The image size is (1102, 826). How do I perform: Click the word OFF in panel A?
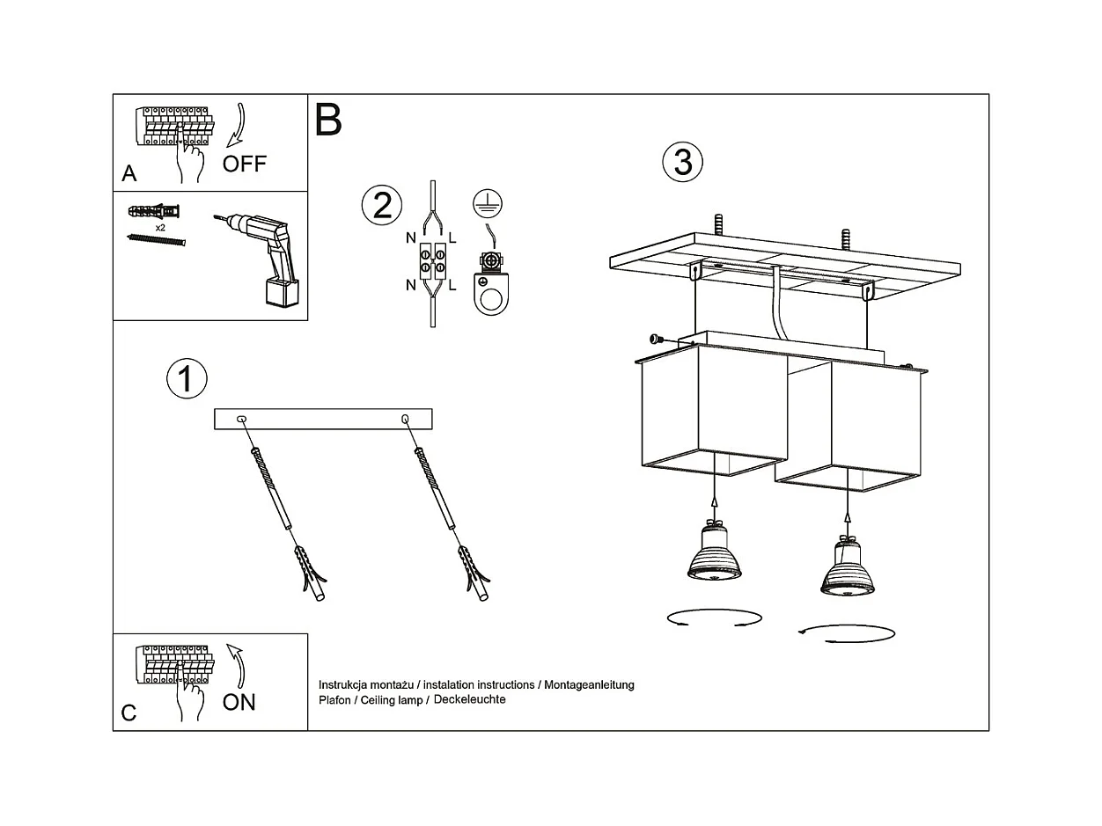pyautogui.click(x=244, y=164)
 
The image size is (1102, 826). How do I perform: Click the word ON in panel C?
pyautogui.click(x=239, y=702)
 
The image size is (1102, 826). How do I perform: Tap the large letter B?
pyautogui.click(x=328, y=120)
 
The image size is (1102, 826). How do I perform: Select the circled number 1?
pyautogui.click(x=187, y=378)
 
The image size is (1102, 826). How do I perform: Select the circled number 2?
pyautogui.click(x=382, y=205)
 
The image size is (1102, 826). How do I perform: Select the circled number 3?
pyautogui.click(x=683, y=162)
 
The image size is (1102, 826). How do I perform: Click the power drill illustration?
pyautogui.click(x=260, y=259)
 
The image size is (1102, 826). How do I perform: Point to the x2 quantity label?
pyautogui.click(x=160, y=228)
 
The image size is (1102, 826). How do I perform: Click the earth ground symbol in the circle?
pyautogui.click(x=488, y=204)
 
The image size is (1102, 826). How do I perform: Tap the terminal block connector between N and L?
pyautogui.click(x=433, y=260)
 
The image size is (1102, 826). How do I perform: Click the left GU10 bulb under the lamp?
pyautogui.click(x=715, y=551)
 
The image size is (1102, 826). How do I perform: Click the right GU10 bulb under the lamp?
pyautogui.click(x=848, y=566)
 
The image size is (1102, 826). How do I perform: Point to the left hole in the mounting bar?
pyautogui.click(x=241, y=418)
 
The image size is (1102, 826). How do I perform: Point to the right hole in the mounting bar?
pyautogui.click(x=405, y=418)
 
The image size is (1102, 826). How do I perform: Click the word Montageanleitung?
pyautogui.click(x=589, y=684)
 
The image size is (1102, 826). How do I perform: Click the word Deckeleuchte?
pyautogui.click(x=469, y=699)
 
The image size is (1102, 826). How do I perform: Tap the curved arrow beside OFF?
pyautogui.click(x=236, y=126)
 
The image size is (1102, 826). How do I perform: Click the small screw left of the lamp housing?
pyautogui.click(x=656, y=339)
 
